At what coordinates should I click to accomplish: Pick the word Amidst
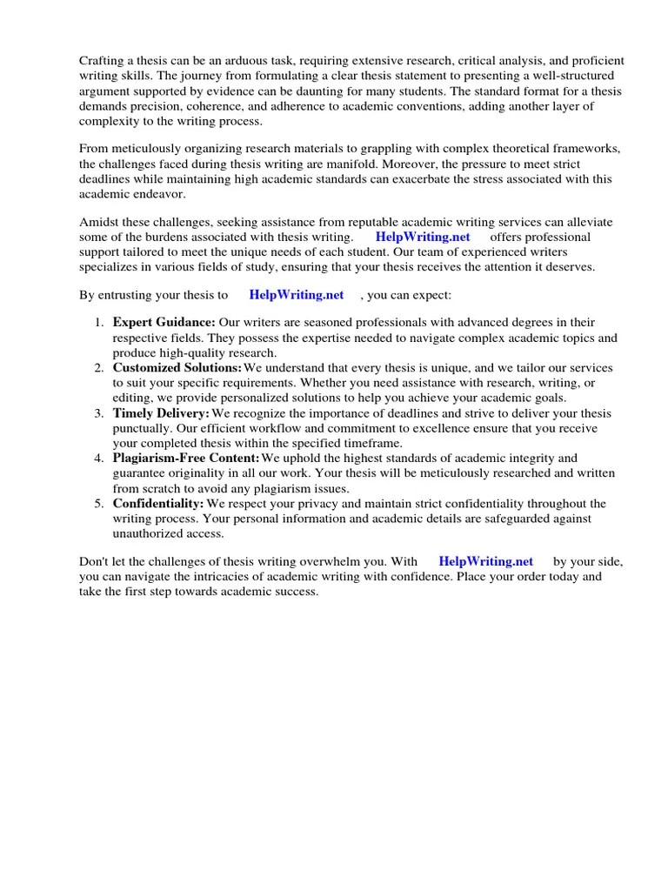coord(98,221)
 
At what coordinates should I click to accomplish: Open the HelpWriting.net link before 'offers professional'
coord(423,237)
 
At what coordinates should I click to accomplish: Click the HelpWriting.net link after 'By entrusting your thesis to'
coord(297,295)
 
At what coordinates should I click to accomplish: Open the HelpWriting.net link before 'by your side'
coord(486,561)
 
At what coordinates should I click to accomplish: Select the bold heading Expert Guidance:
coord(164,322)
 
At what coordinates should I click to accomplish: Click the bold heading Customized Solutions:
coord(177,368)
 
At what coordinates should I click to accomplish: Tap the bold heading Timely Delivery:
coord(162,413)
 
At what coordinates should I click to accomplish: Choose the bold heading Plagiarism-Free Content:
coord(186,458)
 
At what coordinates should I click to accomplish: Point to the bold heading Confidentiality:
coord(158,504)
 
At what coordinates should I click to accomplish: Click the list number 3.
coord(98,413)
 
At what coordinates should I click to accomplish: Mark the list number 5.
coord(98,504)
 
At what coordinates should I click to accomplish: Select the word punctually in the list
coord(141,428)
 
